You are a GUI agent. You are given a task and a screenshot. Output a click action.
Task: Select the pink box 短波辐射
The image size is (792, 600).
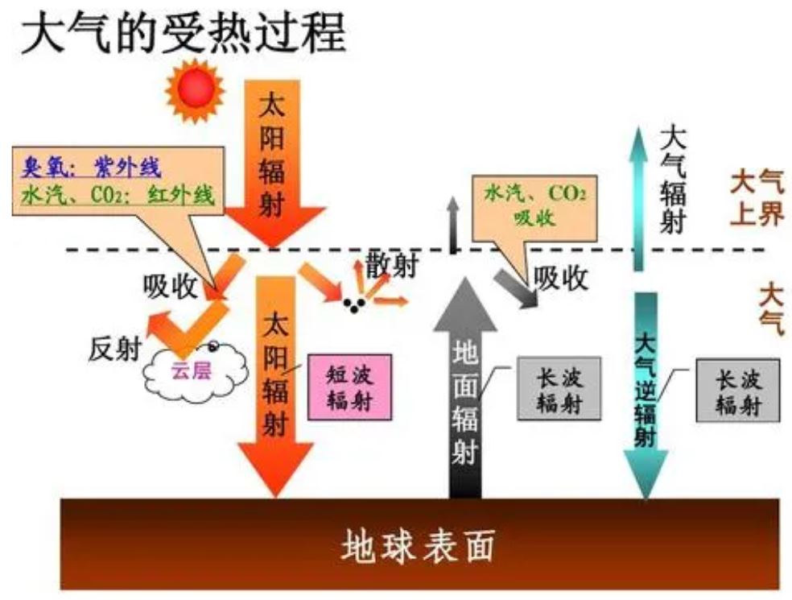(349, 387)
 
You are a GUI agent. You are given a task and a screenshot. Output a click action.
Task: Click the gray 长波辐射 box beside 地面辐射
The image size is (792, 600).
(559, 388)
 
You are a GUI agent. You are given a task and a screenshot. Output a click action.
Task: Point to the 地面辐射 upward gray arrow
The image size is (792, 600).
(465, 387)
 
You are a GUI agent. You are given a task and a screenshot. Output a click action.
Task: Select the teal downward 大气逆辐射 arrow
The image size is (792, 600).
(646, 395)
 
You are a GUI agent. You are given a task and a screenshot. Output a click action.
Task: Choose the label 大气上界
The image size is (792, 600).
(756, 197)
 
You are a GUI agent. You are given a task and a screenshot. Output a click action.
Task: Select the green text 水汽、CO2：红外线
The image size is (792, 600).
(118, 195)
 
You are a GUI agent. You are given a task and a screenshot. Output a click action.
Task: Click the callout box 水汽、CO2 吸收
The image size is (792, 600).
(534, 205)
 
